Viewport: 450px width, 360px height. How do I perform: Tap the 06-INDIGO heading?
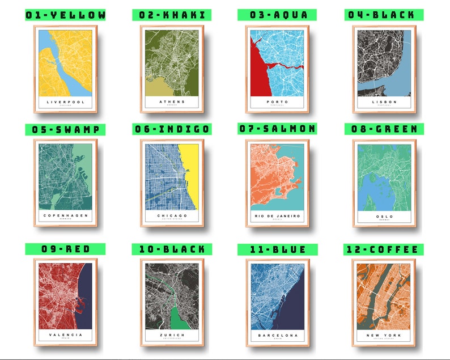pos(172,129)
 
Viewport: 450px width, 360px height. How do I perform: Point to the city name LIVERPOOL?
pos(65,102)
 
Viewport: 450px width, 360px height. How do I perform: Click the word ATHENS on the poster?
pos(171,102)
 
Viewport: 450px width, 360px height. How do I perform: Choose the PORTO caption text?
pos(278,102)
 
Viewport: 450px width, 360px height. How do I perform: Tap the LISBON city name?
pos(385,102)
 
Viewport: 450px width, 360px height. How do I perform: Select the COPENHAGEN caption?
pos(65,216)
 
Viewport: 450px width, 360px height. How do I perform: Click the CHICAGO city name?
pos(171,216)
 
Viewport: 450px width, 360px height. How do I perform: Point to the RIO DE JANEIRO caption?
pos(278,216)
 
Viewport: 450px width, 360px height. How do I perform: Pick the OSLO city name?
pos(385,216)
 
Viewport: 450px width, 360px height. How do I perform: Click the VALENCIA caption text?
pos(65,334)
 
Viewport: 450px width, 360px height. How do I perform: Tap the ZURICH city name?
pos(171,334)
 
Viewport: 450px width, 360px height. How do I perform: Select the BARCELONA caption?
pos(278,334)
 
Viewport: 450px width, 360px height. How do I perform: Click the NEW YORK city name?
pos(385,334)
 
